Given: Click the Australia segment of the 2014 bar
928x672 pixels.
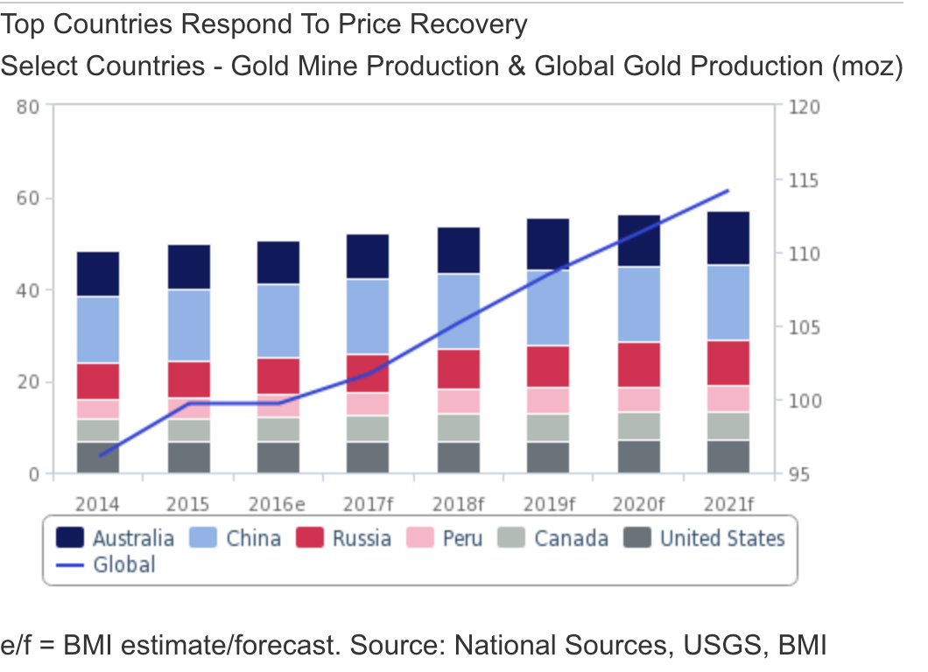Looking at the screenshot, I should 98,274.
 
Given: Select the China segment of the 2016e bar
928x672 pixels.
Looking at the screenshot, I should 278,321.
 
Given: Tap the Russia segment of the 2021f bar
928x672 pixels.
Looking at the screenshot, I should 728,362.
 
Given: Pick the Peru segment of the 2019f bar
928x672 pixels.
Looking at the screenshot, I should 548,400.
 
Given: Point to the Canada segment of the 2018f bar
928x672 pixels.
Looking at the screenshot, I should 458,427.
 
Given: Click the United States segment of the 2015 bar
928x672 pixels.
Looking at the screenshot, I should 188,457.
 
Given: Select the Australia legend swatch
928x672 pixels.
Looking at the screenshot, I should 70,537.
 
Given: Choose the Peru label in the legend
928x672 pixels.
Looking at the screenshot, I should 462,537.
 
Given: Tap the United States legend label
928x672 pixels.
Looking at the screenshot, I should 722,537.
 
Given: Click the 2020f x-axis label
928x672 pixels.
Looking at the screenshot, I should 638,504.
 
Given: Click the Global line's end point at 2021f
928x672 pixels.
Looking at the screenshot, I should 728,190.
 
